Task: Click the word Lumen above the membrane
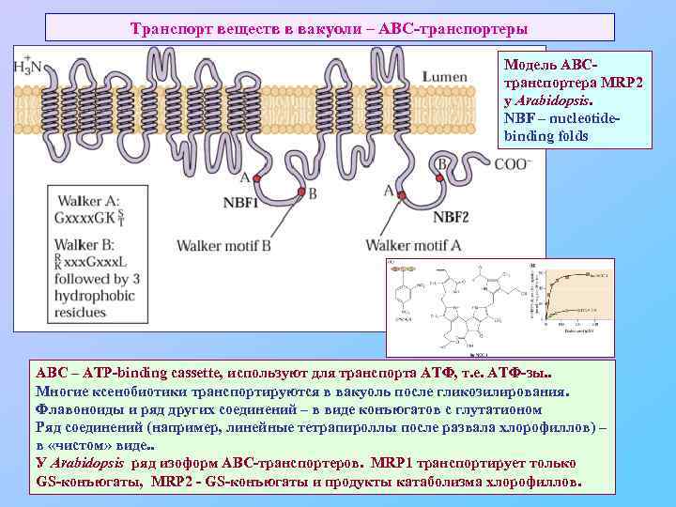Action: pos(444,76)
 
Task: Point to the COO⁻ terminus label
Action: pos(513,162)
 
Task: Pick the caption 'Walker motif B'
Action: pos(224,245)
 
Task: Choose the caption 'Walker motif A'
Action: pos(414,245)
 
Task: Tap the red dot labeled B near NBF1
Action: pos(301,192)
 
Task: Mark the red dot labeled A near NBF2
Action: pos(401,195)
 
